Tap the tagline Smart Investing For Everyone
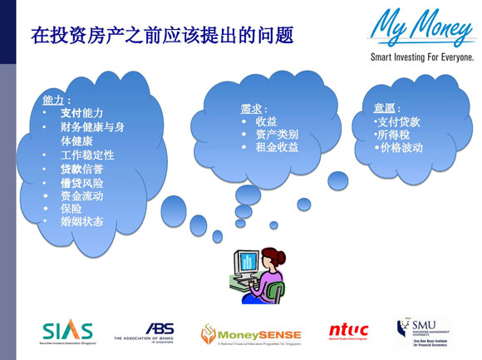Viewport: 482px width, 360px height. click(x=422, y=58)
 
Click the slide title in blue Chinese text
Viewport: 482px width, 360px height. click(x=162, y=36)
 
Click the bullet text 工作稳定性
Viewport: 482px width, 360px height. click(x=87, y=155)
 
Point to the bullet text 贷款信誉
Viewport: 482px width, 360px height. click(x=82, y=170)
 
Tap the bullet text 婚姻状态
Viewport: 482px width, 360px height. click(x=82, y=222)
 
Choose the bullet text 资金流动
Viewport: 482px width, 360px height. click(x=82, y=196)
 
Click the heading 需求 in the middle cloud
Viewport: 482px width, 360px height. click(x=251, y=109)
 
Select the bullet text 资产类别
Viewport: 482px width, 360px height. click(x=277, y=134)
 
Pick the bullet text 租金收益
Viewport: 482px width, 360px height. click(x=277, y=147)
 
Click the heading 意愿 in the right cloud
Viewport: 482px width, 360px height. click(x=386, y=109)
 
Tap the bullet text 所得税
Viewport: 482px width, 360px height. click(x=394, y=135)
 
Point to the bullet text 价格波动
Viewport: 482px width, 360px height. click(x=401, y=148)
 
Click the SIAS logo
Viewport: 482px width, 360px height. click(x=68, y=331)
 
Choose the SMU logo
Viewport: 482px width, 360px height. click(x=425, y=331)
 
